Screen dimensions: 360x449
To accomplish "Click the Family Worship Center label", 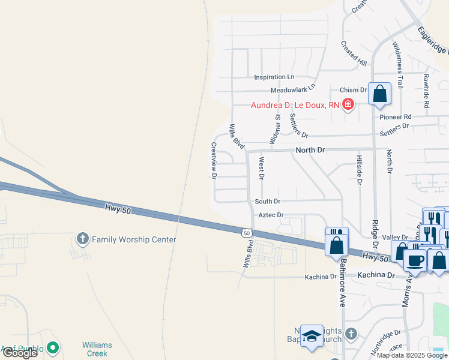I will [134, 240].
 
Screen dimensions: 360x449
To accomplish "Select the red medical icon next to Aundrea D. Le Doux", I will [348, 105].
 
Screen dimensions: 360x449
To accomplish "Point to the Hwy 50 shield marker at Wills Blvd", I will [247, 232].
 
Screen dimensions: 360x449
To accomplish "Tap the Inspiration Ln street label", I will [274, 77].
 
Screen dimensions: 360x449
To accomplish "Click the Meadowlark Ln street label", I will [292, 89].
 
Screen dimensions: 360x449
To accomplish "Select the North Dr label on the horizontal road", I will [309, 150].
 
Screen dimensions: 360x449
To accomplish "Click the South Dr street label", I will [267, 202].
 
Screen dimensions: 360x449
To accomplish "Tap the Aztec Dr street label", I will [271, 215].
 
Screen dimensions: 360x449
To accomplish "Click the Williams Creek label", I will [97, 349].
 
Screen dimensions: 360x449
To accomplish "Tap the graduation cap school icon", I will [312, 337].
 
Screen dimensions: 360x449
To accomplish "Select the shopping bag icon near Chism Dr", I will [379, 94].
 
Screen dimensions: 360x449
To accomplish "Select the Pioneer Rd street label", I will [396, 116].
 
